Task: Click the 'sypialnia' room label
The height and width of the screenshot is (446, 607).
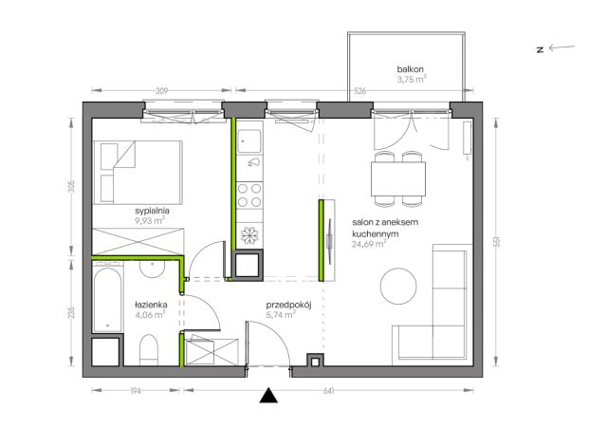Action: (x=152, y=211)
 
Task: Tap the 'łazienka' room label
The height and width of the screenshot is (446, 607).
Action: (x=151, y=305)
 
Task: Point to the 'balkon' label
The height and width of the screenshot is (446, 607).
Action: (x=411, y=69)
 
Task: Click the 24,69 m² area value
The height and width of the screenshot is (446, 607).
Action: (x=369, y=244)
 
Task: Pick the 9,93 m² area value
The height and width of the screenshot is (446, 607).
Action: (x=150, y=221)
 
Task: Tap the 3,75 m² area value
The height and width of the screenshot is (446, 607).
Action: (x=412, y=80)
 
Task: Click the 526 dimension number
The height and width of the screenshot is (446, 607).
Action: (x=360, y=91)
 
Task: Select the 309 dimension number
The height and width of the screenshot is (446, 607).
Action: (x=161, y=91)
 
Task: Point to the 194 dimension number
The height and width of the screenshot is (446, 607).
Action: (x=136, y=391)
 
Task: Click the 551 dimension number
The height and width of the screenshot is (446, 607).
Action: (x=497, y=242)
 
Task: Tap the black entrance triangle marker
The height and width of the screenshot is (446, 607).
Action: (x=268, y=396)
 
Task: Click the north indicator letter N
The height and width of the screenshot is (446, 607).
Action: (x=540, y=49)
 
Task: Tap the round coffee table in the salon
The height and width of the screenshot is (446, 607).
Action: (x=398, y=287)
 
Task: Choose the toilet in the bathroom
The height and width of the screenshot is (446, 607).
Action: (x=149, y=349)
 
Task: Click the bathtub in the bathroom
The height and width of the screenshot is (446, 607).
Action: (x=107, y=297)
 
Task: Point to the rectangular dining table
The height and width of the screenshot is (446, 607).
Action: (x=398, y=178)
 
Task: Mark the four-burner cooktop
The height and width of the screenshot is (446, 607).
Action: (x=249, y=195)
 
